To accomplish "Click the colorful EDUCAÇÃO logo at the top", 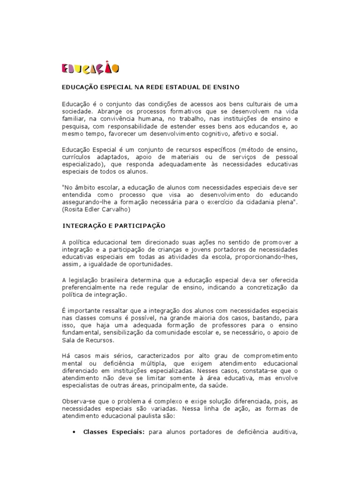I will click(90, 68).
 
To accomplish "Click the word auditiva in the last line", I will click(283, 432).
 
